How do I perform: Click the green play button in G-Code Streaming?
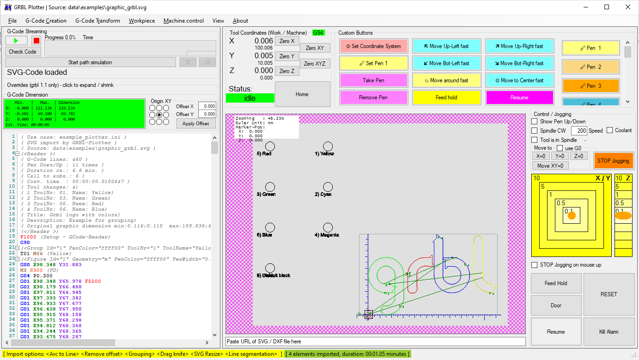point(17,41)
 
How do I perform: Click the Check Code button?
point(23,52)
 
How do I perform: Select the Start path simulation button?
point(90,62)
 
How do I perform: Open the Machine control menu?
point(183,21)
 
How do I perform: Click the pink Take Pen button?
point(373,80)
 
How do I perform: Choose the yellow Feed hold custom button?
point(446,98)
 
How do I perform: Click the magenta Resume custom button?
point(519,98)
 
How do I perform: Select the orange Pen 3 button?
point(590,86)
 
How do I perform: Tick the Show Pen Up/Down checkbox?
point(535,122)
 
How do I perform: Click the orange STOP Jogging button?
point(613,161)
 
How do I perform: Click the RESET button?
point(609,294)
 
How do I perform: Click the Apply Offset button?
point(196,123)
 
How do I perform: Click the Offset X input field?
point(207,106)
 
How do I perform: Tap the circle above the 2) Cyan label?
point(328,187)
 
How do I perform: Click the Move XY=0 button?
point(550,165)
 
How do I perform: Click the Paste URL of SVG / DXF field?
point(375,342)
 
